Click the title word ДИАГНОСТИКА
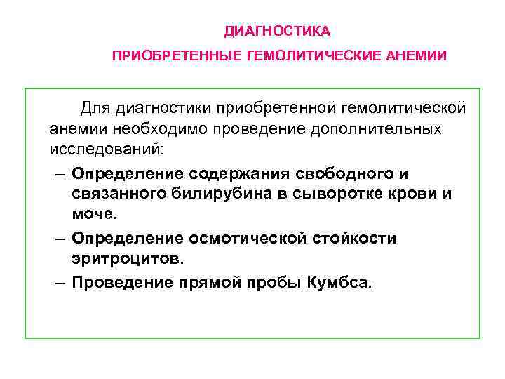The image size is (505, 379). pyautogui.click(x=277, y=32)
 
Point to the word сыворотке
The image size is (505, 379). pyautogui.click(x=342, y=194)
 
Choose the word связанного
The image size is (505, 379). pyautogui.click(x=116, y=194)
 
